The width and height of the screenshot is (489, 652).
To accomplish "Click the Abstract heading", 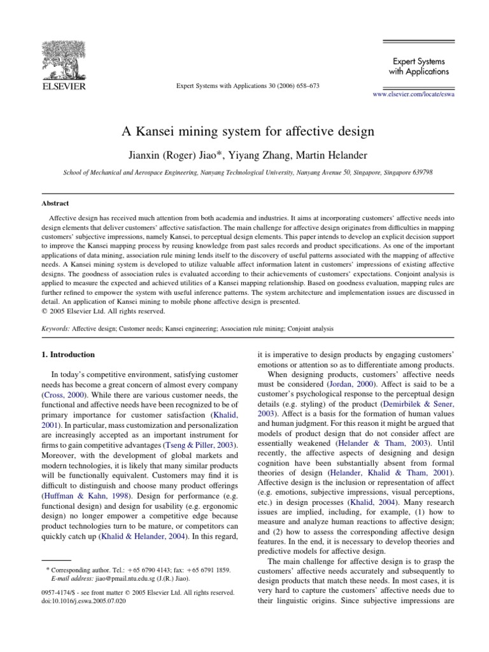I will pos(55,205).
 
